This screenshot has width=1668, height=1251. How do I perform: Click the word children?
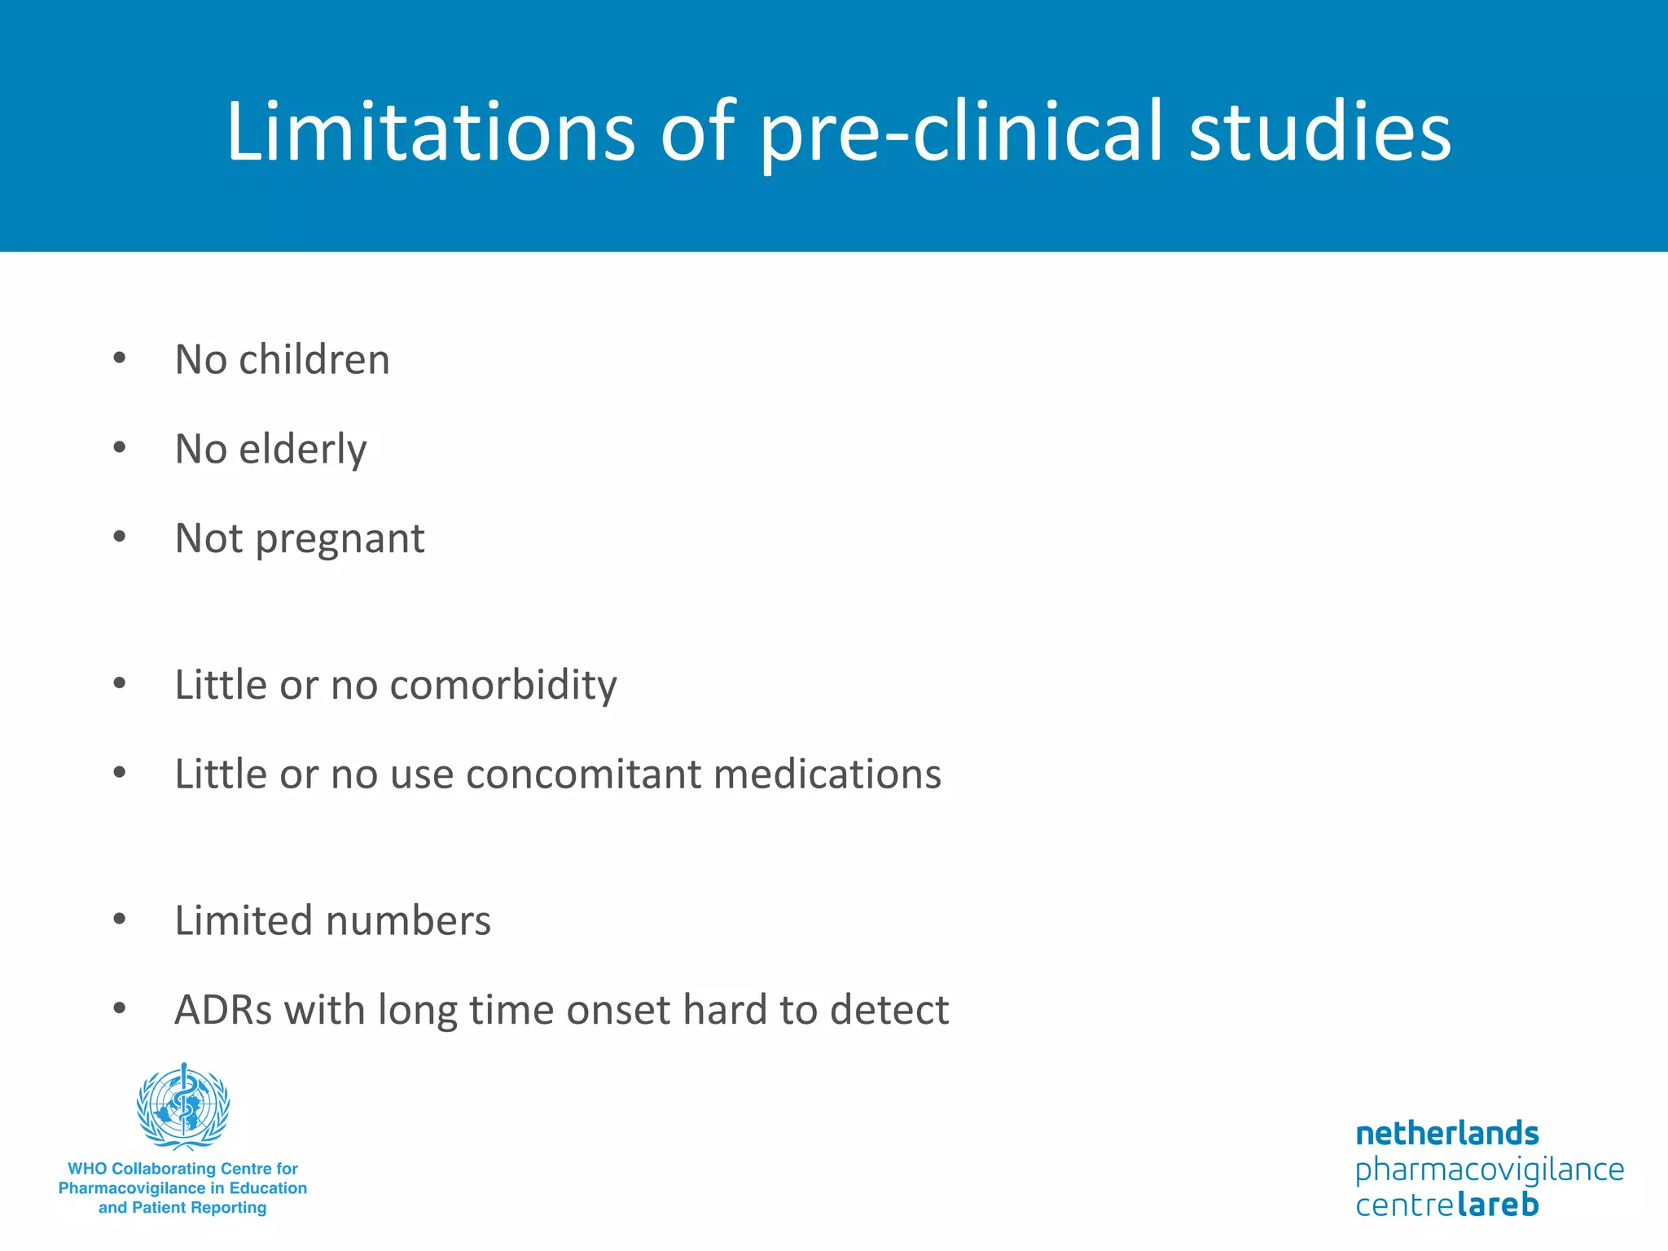tap(314, 359)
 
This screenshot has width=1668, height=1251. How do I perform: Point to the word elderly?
tap(303, 450)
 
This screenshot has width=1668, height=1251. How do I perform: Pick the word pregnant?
tap(340, 540)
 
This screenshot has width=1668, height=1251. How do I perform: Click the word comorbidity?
tap(503, 684)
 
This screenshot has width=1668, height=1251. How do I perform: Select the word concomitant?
tap(583, 774)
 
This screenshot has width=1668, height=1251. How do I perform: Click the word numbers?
tap(408, 920)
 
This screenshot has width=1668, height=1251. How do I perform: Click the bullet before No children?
tap(120, 358)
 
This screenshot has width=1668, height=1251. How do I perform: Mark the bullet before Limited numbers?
tap(120, 919)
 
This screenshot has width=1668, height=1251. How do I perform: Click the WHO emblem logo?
tap(183, 1106)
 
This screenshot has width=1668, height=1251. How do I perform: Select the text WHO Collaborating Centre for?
tap(182, 1169)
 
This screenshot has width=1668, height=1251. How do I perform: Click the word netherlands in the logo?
tap(1446, 1133)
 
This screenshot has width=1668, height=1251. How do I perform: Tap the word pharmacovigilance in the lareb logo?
tap(1489, 1170)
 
